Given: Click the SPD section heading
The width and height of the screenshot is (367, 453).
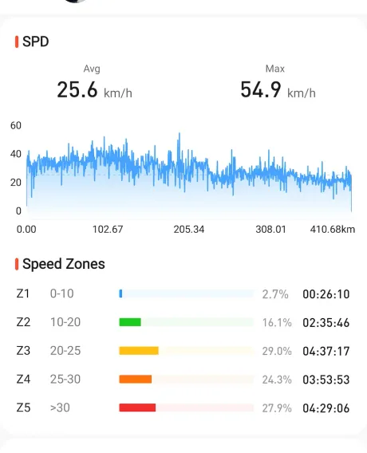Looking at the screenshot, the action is [36, 41].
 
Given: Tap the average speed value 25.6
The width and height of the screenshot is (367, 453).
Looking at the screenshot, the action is [77, 89].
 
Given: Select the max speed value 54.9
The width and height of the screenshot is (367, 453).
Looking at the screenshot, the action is [261, 89].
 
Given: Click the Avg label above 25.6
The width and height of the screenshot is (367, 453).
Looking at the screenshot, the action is [92, 69].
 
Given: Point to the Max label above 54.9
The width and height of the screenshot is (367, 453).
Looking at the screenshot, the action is [275, 69].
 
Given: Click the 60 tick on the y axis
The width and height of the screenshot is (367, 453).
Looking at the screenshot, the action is [16, 125].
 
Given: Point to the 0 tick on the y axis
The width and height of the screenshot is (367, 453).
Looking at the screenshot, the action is [18, 211].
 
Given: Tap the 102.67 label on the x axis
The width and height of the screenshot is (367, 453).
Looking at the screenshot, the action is [108, 230].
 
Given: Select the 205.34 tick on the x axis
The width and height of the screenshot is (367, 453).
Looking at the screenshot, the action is [189, 230].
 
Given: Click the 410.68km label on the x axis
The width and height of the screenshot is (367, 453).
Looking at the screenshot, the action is [333, 230].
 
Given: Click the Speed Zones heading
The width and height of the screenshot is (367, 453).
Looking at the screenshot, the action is [64, 264].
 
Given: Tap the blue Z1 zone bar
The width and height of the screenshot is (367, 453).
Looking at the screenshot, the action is [120, 293].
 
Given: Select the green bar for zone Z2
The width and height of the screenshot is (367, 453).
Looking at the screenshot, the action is [130, 322].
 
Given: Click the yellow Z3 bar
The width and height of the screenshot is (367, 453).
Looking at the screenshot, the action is [139, 351].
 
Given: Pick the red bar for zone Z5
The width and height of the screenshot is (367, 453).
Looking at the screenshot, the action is [137, 408].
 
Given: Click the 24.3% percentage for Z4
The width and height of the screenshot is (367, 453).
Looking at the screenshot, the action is [277, 380].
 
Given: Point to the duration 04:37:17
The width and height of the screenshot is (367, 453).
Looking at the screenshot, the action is [326, 351].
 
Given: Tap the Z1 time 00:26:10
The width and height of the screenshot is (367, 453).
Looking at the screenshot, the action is [326, 294].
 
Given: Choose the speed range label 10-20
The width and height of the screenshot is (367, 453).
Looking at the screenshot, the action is [65, 322].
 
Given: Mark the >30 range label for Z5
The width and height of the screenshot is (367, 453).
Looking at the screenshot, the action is [60, 408].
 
